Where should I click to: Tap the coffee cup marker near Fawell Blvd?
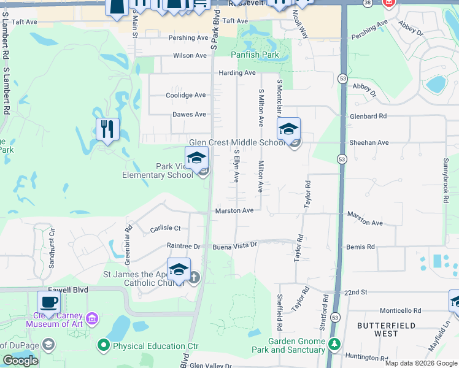tap(49, 302)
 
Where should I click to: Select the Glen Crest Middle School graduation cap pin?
tap(288, 129)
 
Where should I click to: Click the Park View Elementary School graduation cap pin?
tap(197, 158)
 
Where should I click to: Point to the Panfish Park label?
tap(255, 55)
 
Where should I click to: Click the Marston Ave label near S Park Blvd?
tap(234, 211)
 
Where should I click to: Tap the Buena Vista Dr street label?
tap(234, 245)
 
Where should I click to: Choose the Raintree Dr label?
tap(183, 246)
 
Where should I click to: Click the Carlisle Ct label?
tap(165, 229)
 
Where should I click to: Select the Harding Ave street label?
tap(237, 73)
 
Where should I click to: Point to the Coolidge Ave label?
tap(186, 95)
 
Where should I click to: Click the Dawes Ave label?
tap(189, 115)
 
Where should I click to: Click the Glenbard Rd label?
tap(368, 115)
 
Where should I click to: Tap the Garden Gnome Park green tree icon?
tap(334, 345)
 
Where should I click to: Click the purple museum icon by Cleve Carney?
tap(91, 318)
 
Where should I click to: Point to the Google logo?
tap(20, 361)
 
